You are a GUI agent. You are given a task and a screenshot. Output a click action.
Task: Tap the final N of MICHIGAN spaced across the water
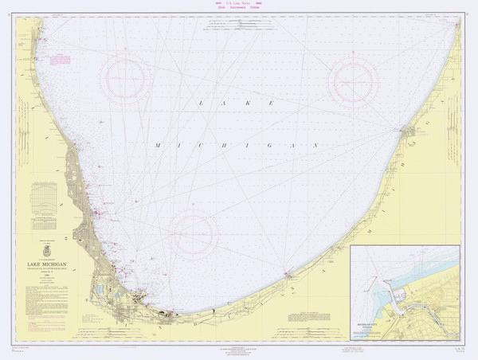point(315,146)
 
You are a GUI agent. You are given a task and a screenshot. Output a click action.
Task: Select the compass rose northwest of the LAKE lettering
point(125,77)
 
